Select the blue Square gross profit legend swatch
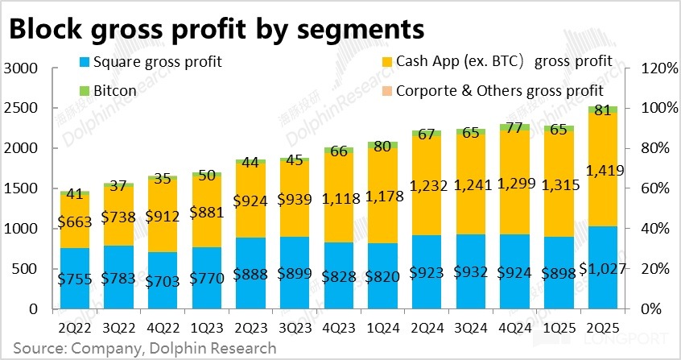(85, 62)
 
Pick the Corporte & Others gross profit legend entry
(499, 91)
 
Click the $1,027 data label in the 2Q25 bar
(604, 270)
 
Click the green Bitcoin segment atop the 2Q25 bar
(604, 110)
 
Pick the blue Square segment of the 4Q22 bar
(163, 280)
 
